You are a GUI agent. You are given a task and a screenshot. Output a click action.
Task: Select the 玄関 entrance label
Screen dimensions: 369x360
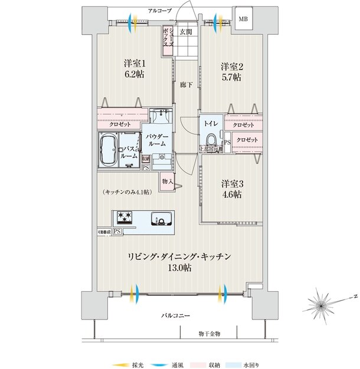click(186, 32)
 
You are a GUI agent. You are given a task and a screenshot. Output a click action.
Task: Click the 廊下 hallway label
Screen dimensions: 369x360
click(186, 84)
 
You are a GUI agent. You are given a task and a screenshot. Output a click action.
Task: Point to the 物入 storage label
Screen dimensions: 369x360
click(167, 181)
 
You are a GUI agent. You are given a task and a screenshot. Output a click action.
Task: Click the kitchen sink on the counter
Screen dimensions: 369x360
click(161, 219)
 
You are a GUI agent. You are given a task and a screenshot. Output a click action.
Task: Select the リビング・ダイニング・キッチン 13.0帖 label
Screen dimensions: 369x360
click(179, 262)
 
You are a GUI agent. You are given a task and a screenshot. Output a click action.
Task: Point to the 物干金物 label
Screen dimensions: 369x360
click(209, 334)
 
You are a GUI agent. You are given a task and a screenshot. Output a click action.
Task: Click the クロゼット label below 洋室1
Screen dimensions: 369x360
click(120, 125)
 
